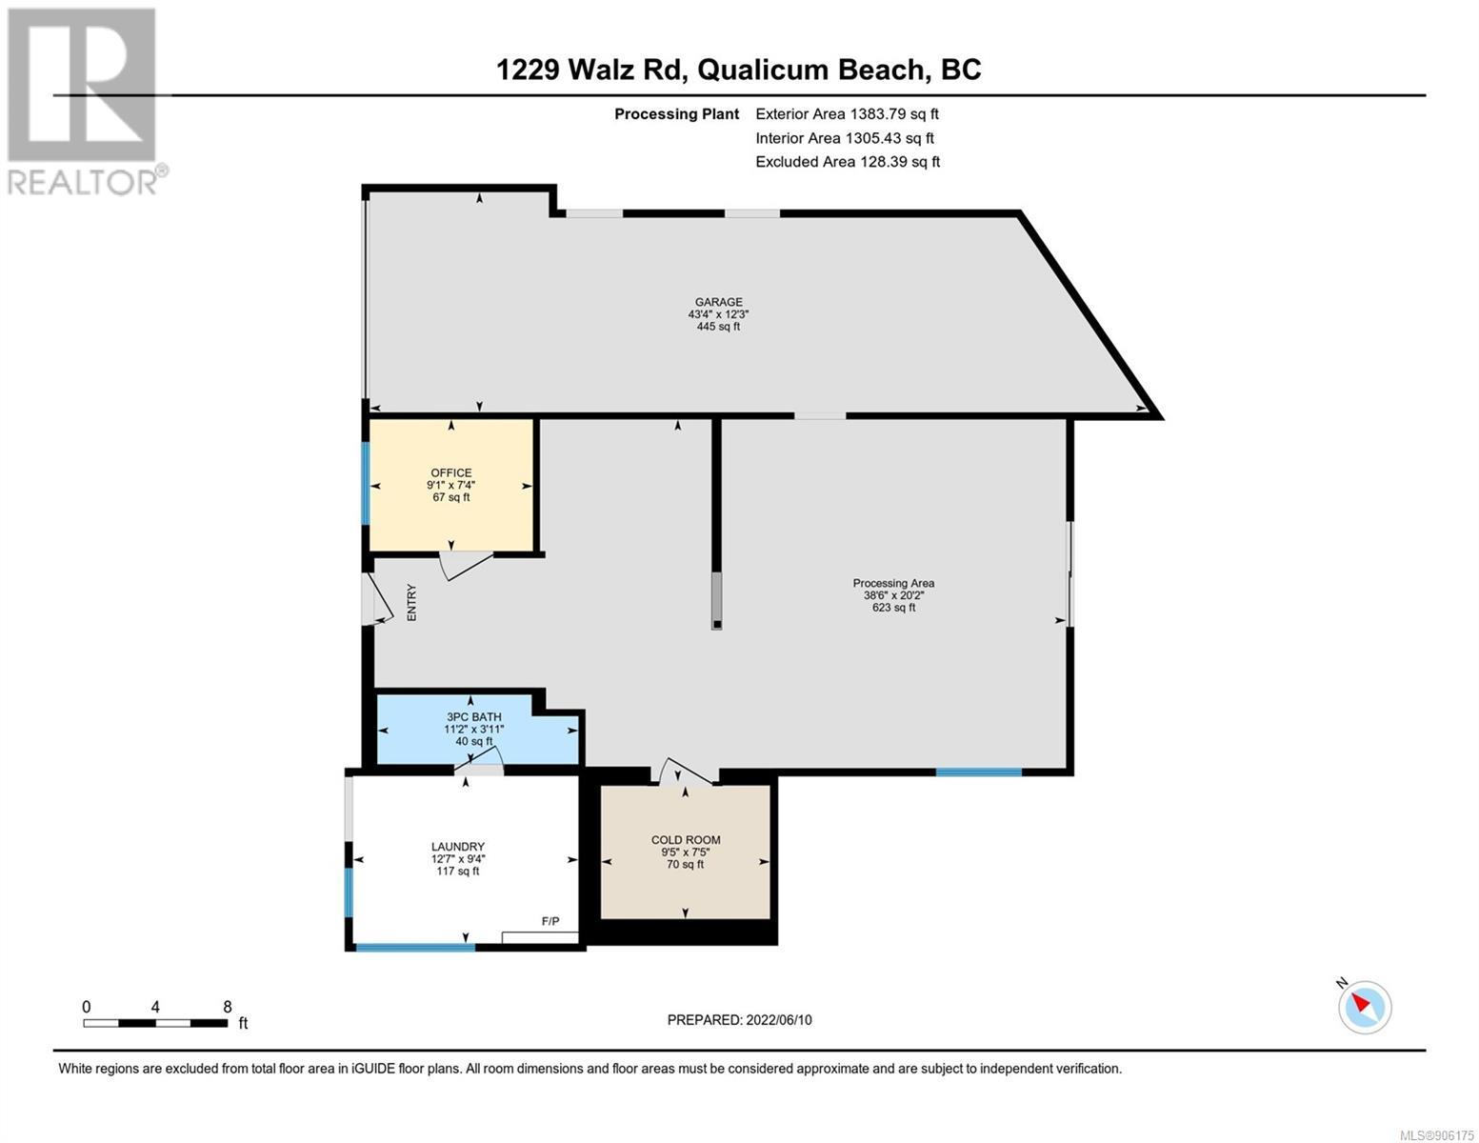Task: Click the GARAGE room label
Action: (718, 302)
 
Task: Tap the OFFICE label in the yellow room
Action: (450, 472)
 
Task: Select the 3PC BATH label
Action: (473, 716)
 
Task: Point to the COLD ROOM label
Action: (686, 839)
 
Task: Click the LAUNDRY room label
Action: (457, 846)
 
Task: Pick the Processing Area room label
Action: (893, 583)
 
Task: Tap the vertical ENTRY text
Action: (411, 602)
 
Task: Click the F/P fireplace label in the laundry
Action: (550, 921)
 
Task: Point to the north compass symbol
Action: (1364, 1007)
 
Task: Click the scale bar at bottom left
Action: (155, 1022)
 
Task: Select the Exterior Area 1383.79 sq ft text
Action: (847, 113)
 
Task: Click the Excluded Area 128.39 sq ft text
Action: (848, 161)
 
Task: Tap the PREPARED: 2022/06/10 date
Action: (739, 1019)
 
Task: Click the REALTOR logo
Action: (87, 102)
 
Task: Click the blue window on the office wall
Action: (366, 483)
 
